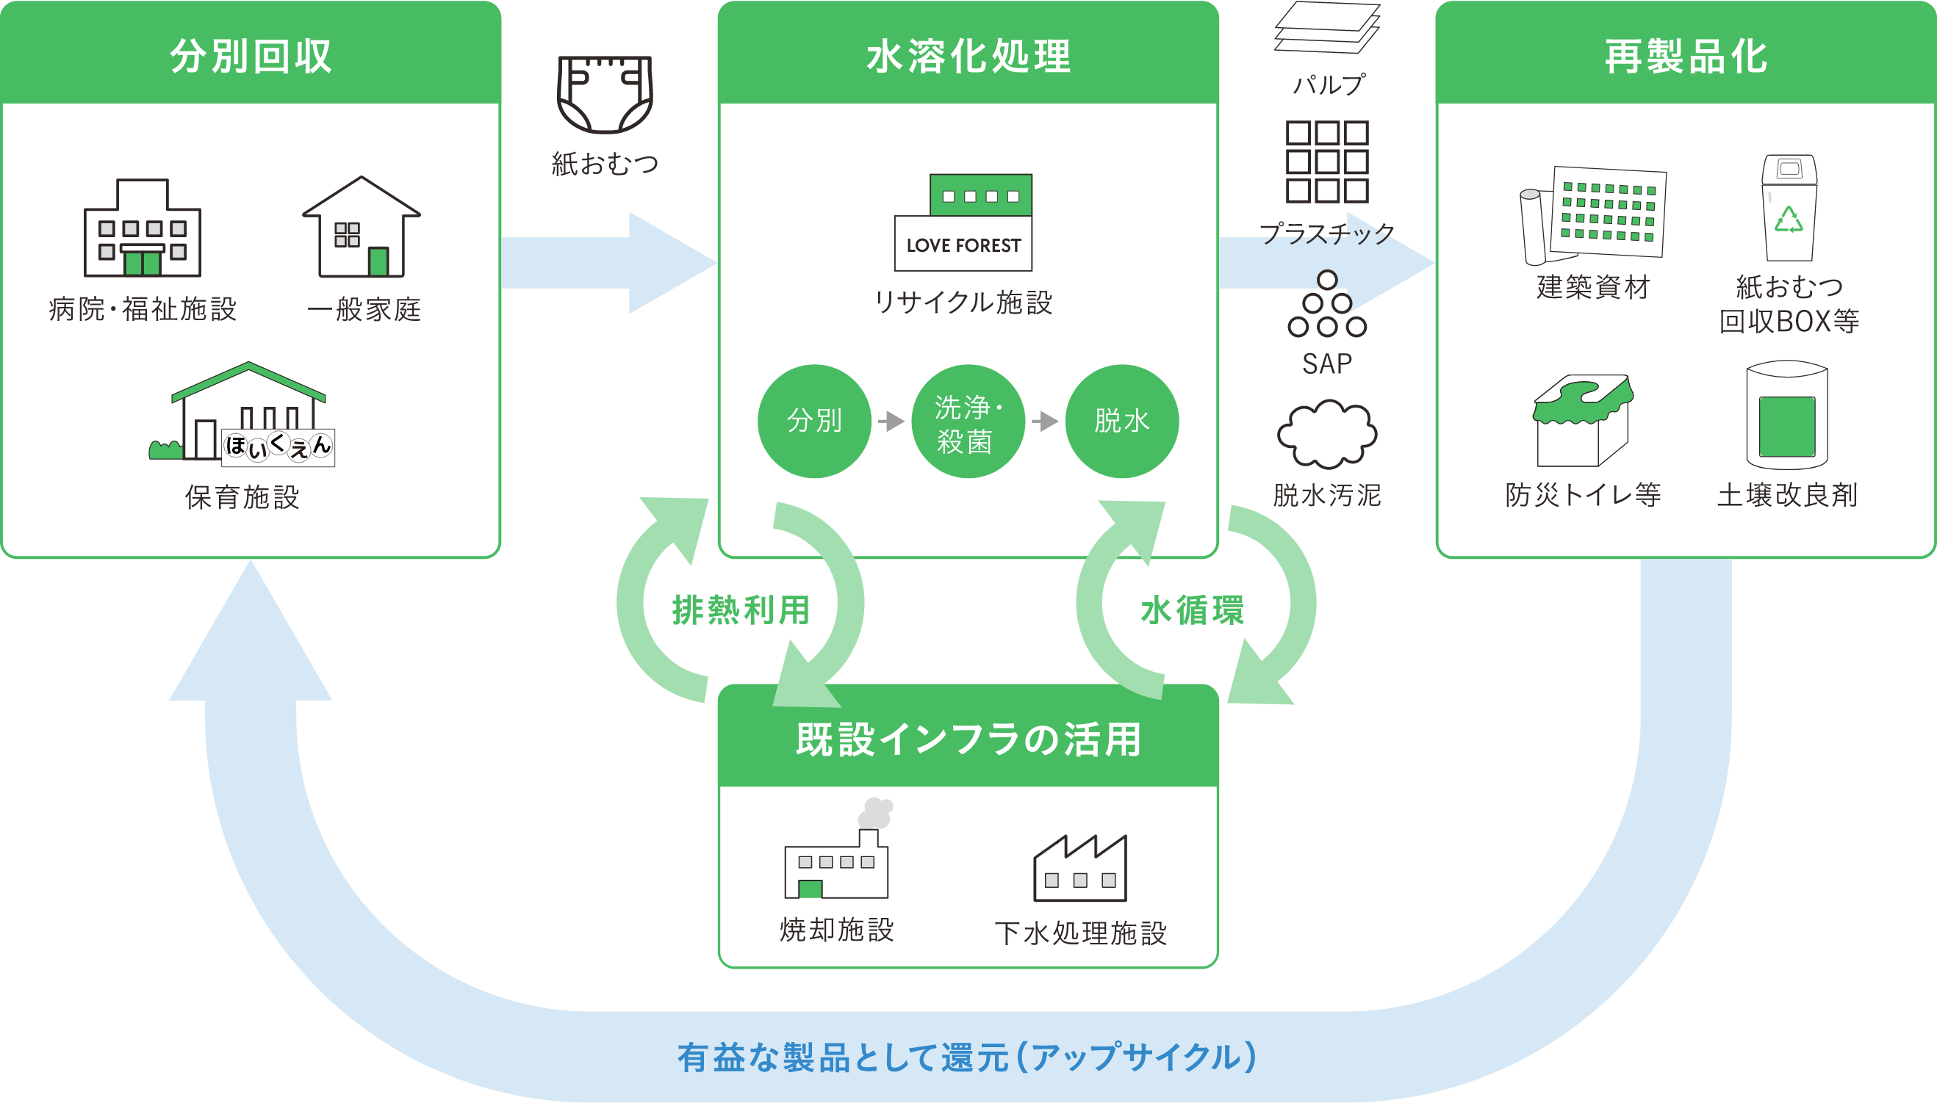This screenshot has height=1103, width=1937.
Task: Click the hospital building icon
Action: pyautogui.click(x=143, y=229)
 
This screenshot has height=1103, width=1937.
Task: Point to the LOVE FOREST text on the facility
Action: pyautogui.click(x=963, y=245)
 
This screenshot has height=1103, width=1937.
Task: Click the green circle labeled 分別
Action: pyautogui.click(x=815, y=422)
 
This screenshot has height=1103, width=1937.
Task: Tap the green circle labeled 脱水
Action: pyautogui.click(x=1121, y=422)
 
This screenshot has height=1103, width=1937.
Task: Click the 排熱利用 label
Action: pyautogui.click(x=741, y=610)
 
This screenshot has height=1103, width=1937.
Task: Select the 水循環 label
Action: pyautogui.click(x=1192, y=610)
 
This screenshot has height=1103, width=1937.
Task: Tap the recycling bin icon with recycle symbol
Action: pyautogui.click(x=1789, y=209)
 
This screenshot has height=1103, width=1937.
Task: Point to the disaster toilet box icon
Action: pyautogui.click(x=1583, y=422)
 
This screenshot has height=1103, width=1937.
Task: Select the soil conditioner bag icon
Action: pyautogui.click(x=1787, y=415)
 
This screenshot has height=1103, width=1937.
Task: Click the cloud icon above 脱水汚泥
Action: pyautogui.click(x=1326, y=435)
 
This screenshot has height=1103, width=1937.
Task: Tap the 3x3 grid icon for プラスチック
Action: pyautogui.click(x=1326, y=162)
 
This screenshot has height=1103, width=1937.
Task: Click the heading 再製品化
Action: pyautogui.click(x=1686, y=56)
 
